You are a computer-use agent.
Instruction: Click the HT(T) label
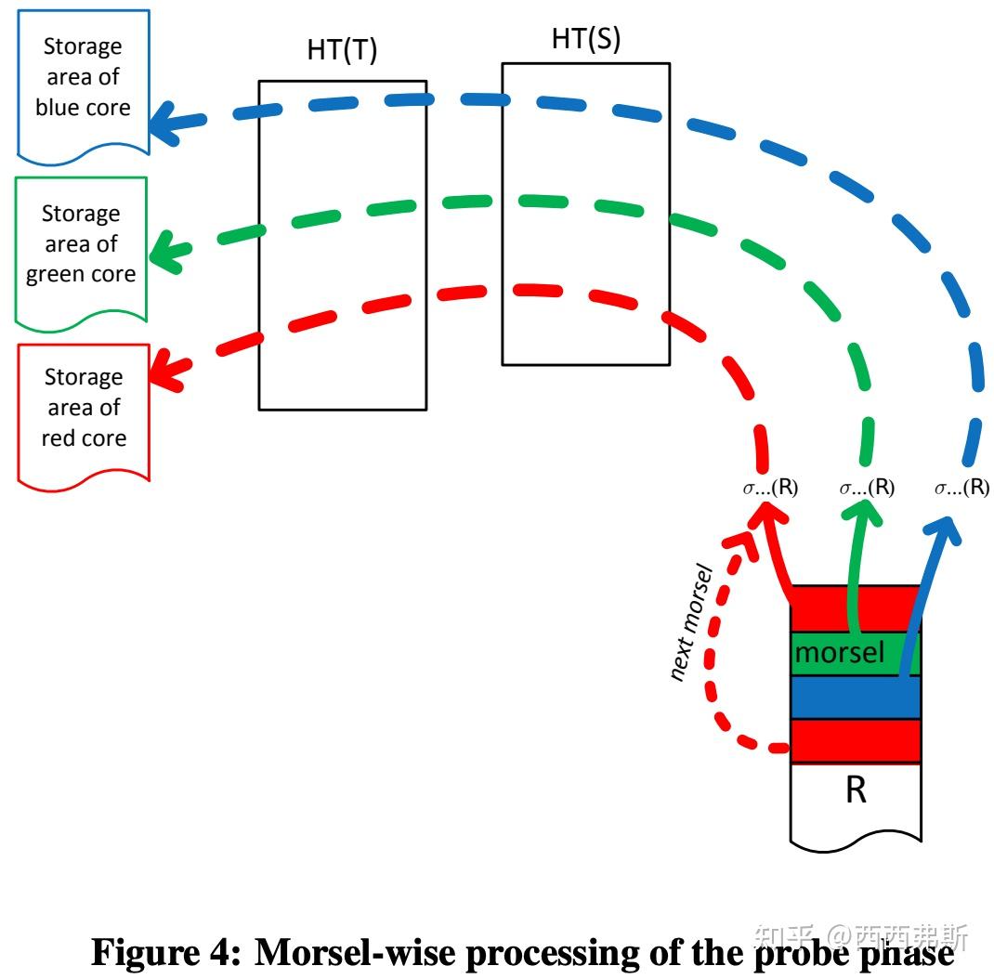342,51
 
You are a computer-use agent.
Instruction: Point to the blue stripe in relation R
855,696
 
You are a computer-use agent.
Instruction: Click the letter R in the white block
855,791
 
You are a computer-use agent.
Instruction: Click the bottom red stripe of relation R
855,739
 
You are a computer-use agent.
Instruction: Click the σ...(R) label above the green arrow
866,488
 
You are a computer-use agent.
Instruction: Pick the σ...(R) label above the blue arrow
961,488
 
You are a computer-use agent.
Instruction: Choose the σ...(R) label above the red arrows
770,488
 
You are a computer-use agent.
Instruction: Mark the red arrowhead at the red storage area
168,369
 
